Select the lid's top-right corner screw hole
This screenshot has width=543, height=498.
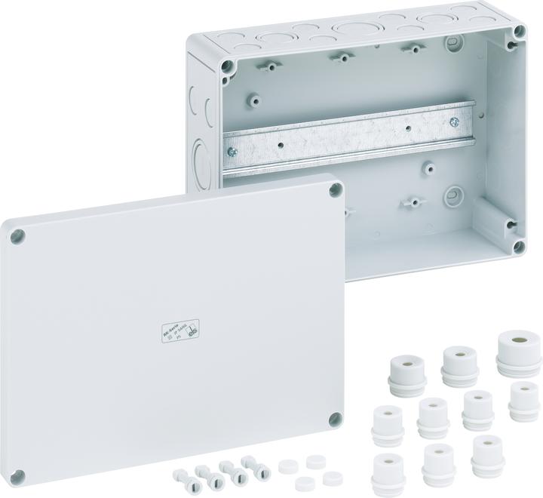pos(333,192)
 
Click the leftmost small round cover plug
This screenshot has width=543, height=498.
pos(285,466)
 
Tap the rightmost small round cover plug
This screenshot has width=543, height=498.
pos(329,477)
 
